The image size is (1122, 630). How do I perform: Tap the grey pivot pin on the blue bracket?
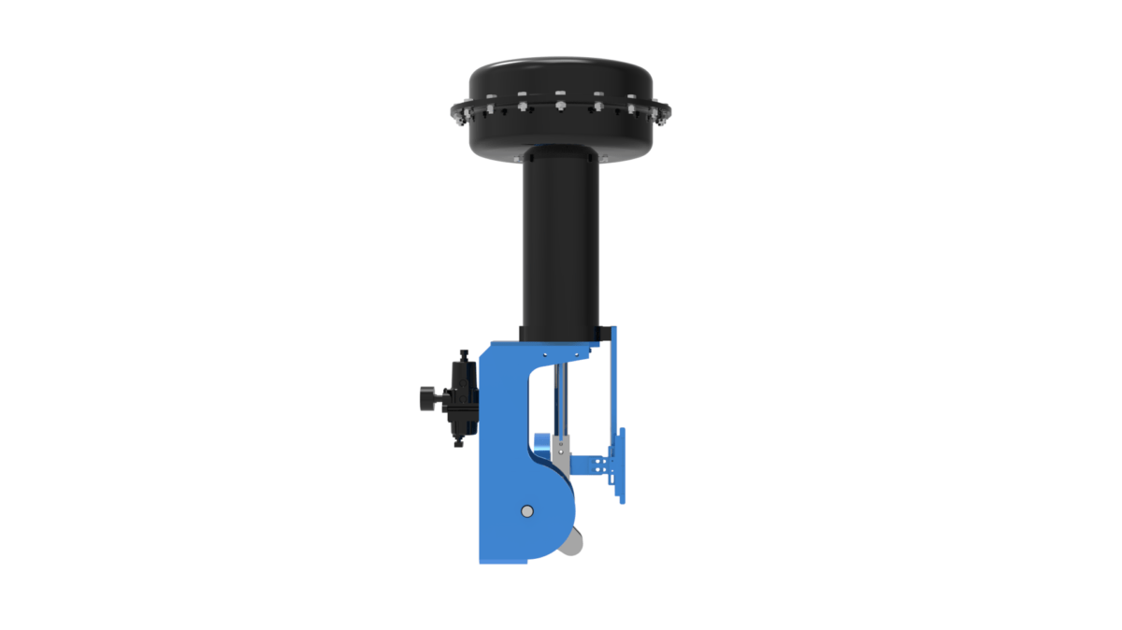click(x=526, y=511)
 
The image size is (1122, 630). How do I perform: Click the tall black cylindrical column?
click(x=558, y=243)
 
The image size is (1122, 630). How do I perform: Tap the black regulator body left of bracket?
click(x=462, y=397)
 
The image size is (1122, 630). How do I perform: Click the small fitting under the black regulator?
click(x=460, y=440)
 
